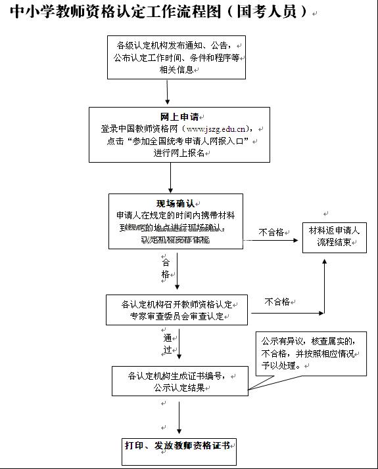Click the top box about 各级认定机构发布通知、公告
[177, 57]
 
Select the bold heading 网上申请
[179, 117]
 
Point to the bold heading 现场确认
[175, 203]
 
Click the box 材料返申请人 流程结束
[335, 237]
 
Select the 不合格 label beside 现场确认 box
[272, 232]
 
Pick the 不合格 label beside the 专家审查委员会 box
[277, 302]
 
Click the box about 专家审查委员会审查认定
[177, 310]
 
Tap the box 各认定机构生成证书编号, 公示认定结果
[179, 381]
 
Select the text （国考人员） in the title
[267, 12]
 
